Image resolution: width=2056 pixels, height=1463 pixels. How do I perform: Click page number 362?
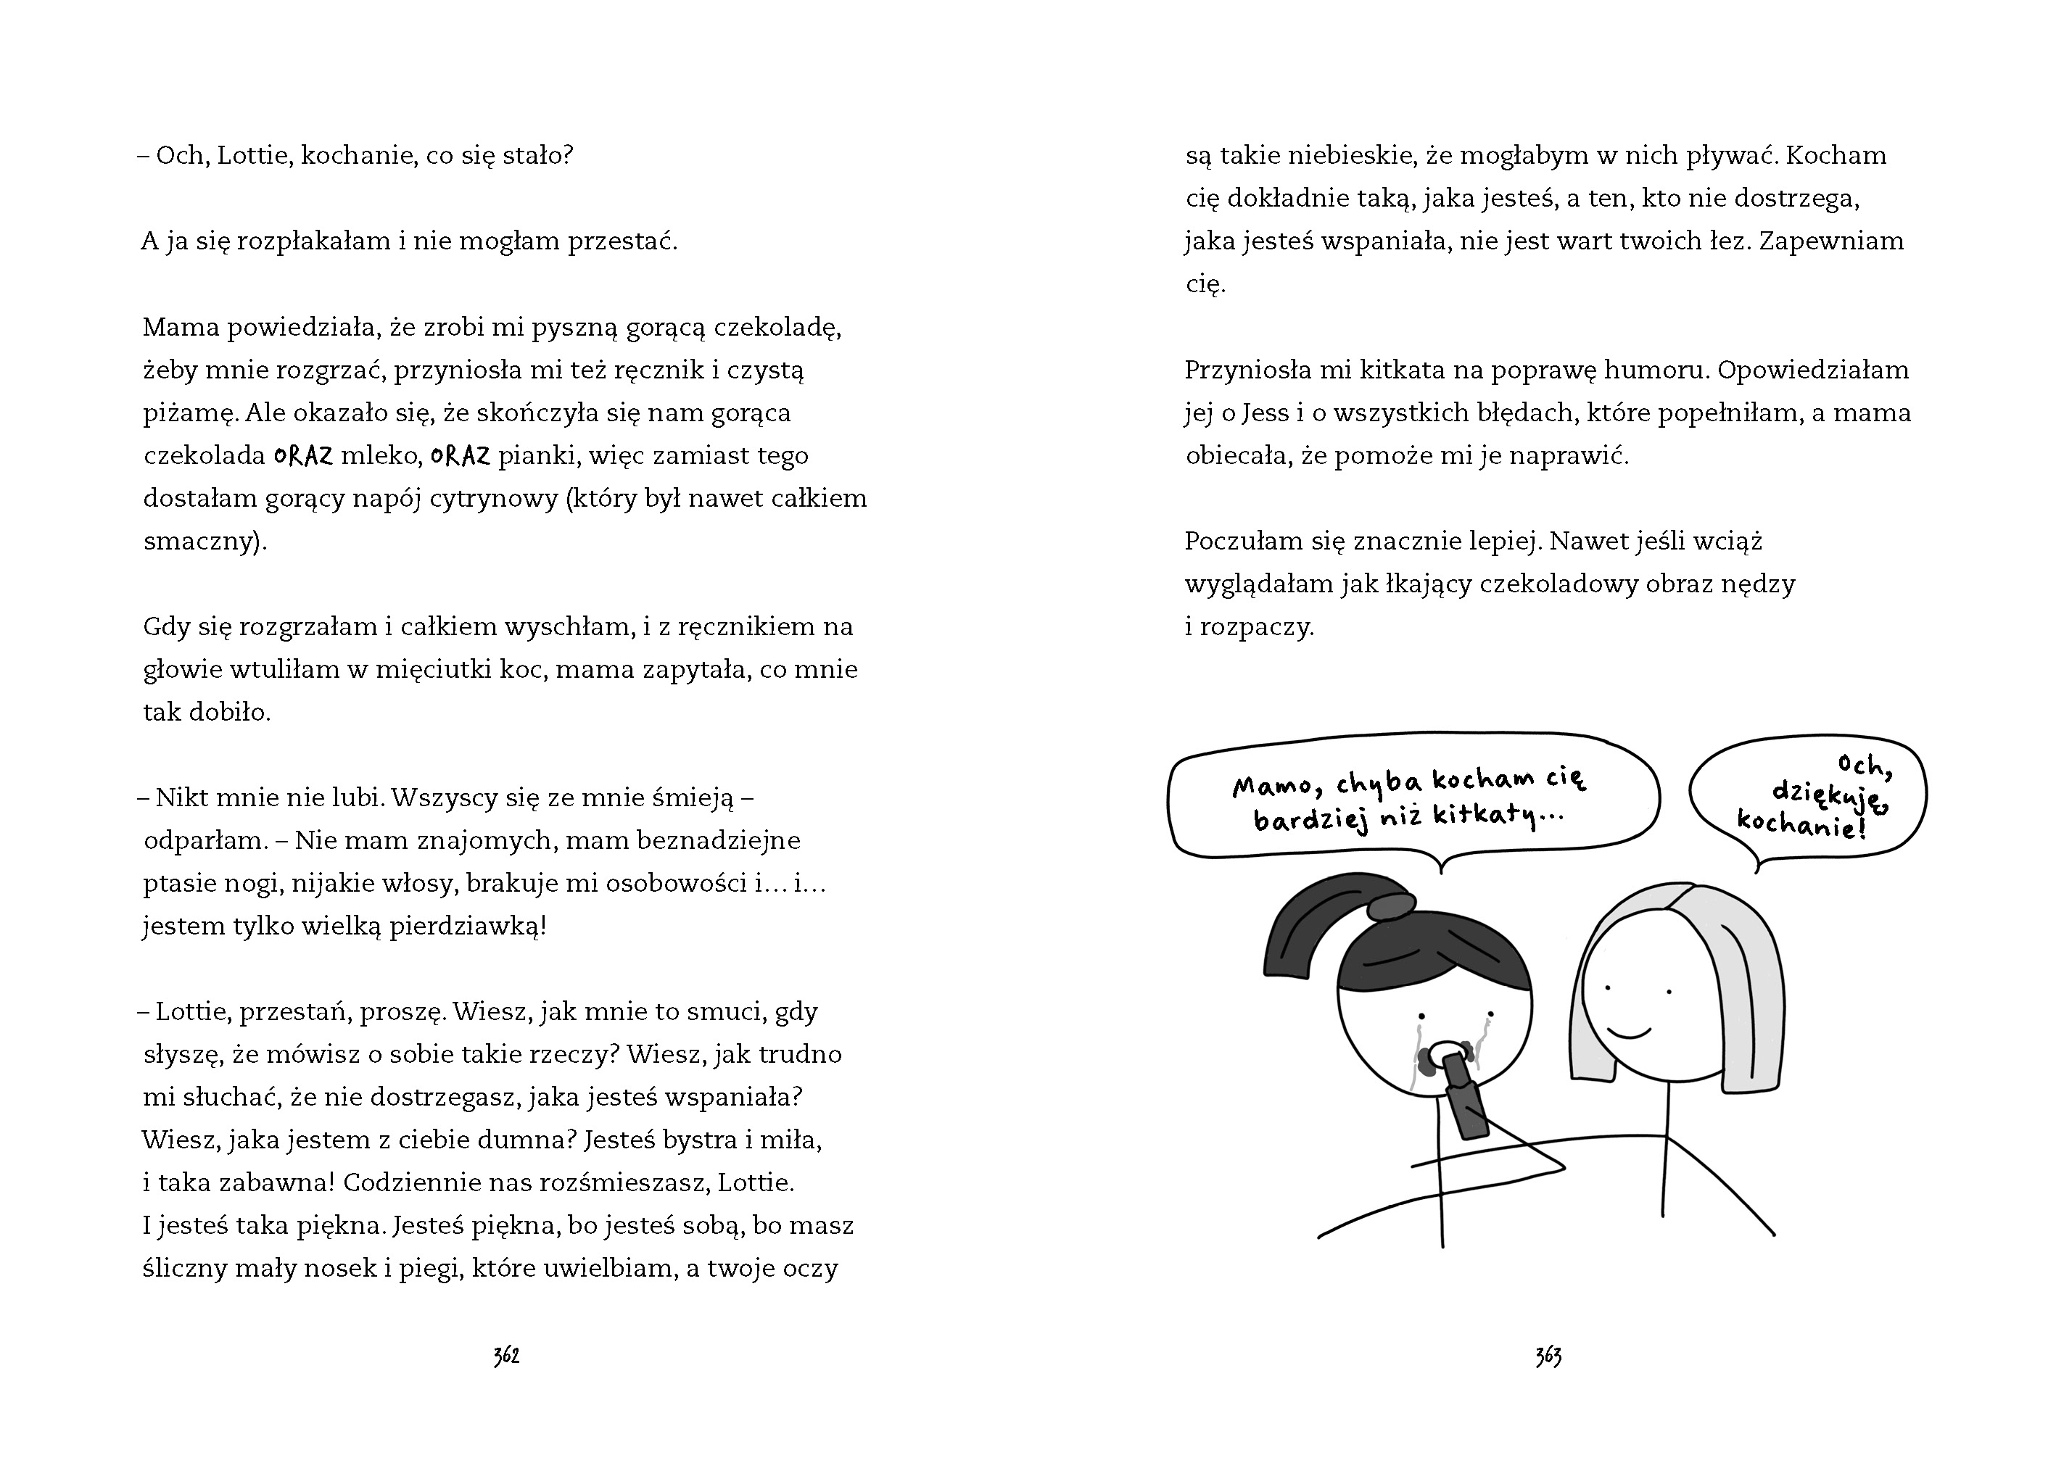(x=506, y=1356)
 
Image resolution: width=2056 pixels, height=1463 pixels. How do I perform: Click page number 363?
(x=1548, y=1356)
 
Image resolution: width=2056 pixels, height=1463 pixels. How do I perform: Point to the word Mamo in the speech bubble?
(x=1271, y=787)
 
